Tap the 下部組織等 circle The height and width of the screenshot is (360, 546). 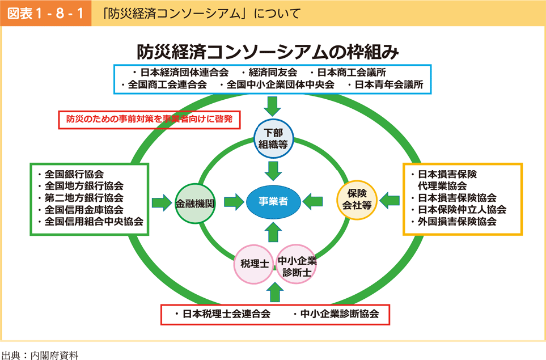[274, 138]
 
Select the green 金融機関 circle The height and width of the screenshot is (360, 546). [196, 203]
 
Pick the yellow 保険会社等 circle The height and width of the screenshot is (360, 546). [358, 198]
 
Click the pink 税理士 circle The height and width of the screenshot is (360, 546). [253, 264]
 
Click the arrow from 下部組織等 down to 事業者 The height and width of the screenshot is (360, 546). [274, 170]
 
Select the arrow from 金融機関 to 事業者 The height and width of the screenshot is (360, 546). [233, 202]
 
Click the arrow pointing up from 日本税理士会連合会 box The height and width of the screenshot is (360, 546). [274, 292]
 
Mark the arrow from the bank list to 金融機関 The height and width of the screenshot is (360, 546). [162, 202]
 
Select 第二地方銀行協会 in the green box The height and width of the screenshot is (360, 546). [84, 198]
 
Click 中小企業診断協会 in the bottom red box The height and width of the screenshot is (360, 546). [340, 314]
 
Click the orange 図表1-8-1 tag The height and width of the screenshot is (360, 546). [43, 12]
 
